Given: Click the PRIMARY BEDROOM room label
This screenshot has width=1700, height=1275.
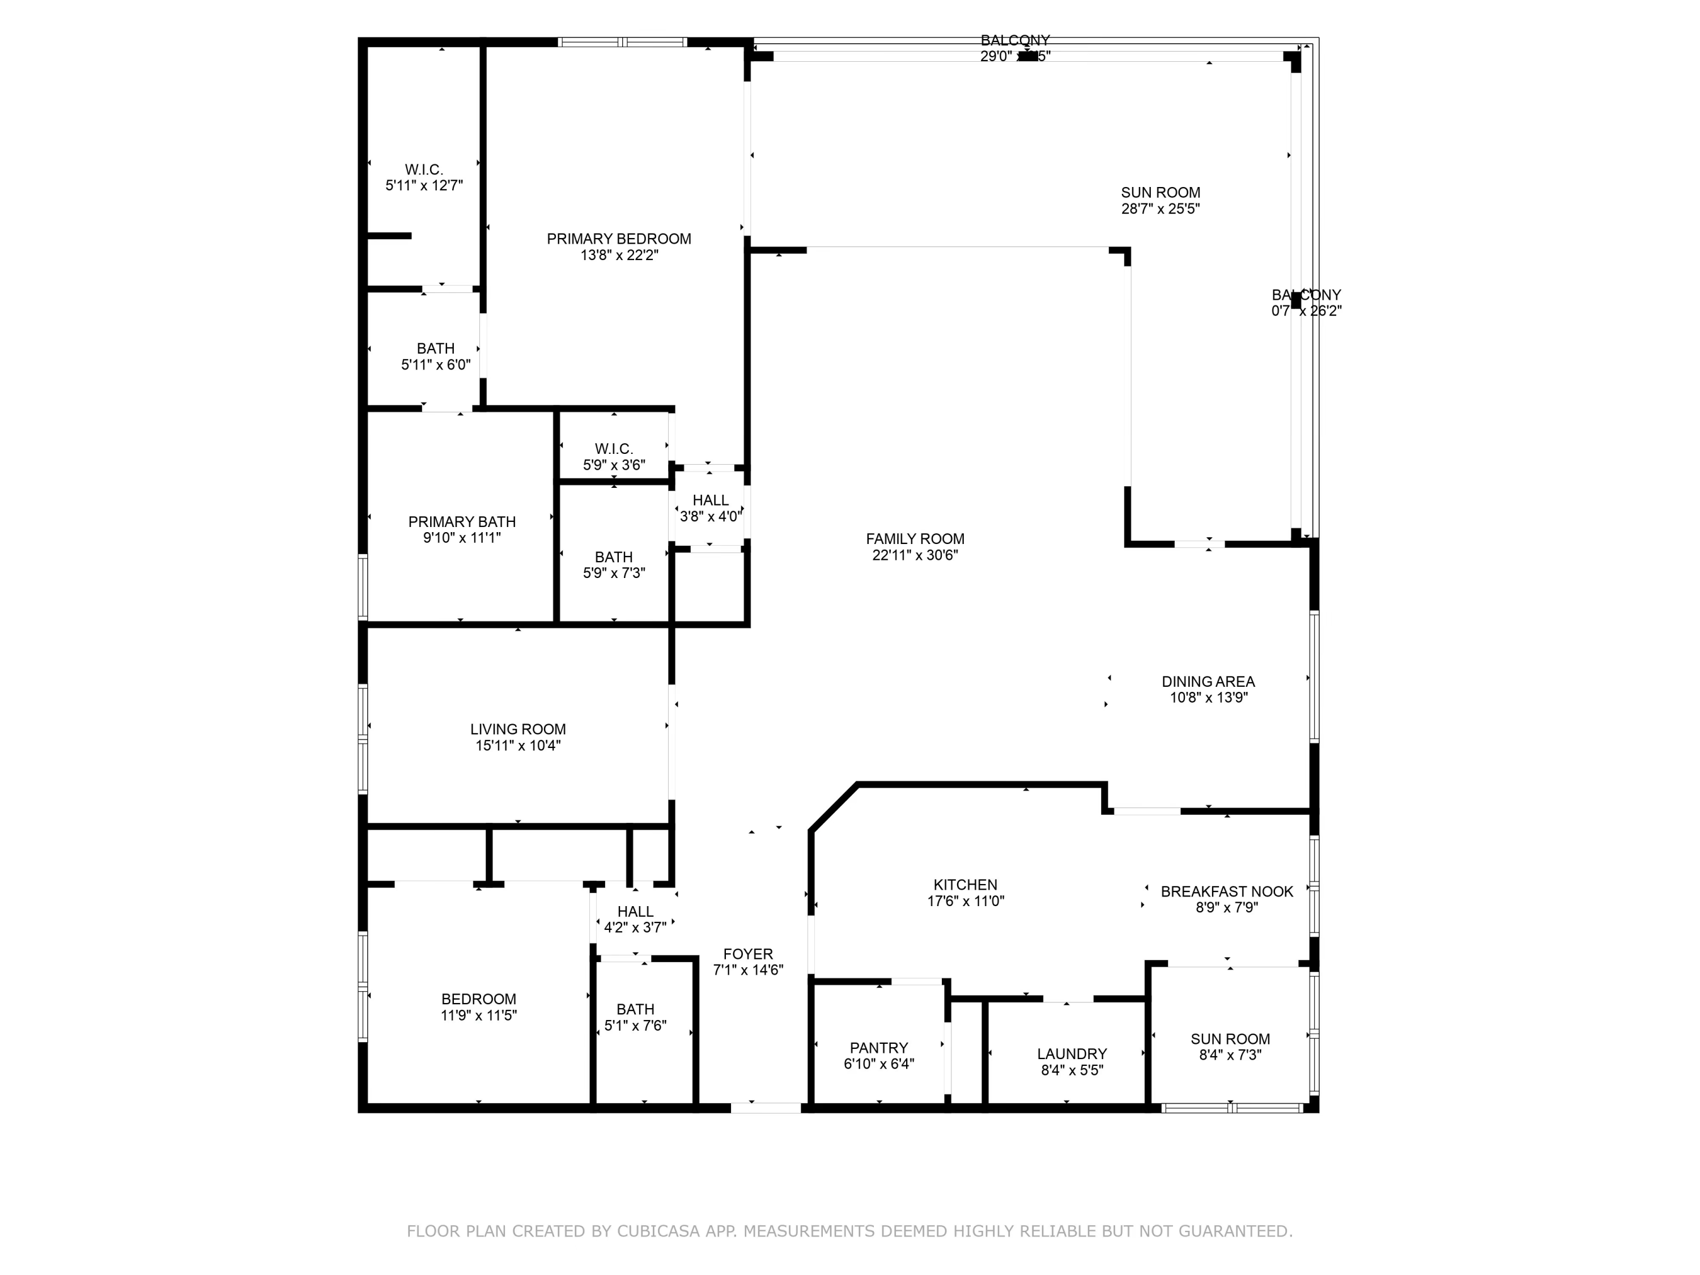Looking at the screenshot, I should pyautogui.click(x=619, y=239).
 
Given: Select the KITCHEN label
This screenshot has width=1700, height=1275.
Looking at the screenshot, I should pyautogui.click(x=965, y=885).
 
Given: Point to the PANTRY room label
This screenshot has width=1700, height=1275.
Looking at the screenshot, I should pyautogui.click(x=878, y=1048).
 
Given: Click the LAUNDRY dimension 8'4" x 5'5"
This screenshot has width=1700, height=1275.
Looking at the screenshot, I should pyautogui.click(x=1072, y=1070).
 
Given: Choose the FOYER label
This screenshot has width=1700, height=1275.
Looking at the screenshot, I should pyautogui.click(x=748, y=954).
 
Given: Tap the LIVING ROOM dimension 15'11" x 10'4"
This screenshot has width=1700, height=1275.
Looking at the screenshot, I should pyautogui.click(x=518, y=746).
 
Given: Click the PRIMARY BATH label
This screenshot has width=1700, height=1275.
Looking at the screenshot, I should pyautogui.click(x=462, y=522).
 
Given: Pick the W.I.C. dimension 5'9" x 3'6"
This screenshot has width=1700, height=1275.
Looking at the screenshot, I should pyautogui.click(x=614, y=466).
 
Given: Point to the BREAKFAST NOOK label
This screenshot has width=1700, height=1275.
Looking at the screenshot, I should pyautogui.click(x=1227, y=891).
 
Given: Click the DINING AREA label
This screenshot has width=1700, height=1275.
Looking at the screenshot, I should pyautogui.click(x=1208, y=682).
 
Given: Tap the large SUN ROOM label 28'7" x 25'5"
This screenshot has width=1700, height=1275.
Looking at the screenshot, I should pyautogui.click(x=1161, y=193).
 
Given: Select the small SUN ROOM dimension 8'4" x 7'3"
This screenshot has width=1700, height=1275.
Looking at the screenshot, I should pyautogui.click(x=1230, y=1056).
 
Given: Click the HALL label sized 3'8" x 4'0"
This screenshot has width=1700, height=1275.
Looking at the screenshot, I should pyautogui.click(x=710, y=501).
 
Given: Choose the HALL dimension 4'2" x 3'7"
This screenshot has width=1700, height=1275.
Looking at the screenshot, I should pyautogui.click(x=635, y=928).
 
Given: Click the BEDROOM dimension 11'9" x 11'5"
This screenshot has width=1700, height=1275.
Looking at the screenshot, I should pyautogui.click(x=478, y=1016).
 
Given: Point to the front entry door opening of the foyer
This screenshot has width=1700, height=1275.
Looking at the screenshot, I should pyautogui.click(x=766, y=1107).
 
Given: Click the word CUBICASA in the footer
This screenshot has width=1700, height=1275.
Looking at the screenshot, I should pyautogui.click(x=658, y=1231).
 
